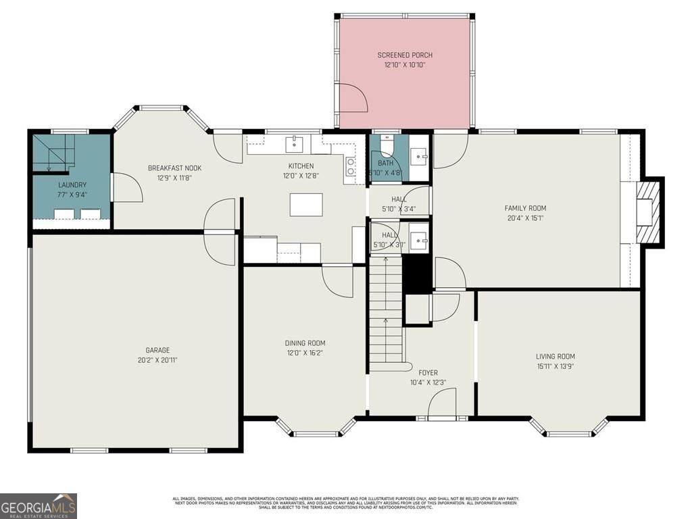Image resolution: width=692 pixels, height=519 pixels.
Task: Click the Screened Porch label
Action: click(405, 55)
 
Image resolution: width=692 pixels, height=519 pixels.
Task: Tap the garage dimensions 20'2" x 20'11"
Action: click(157, 360)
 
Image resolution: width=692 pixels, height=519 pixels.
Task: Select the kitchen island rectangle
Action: click(306, 204)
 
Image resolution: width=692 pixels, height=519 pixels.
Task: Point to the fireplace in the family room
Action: click(647, 212)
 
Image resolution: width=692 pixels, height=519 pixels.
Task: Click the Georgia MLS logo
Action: click(39, 505)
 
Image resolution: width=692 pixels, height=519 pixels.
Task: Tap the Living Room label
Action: click(555, 357)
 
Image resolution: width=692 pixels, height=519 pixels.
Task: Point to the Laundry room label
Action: click(72, 184)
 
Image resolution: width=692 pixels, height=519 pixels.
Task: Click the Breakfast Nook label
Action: click(174, 168)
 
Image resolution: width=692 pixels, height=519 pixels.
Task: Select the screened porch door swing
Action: click(353, 98)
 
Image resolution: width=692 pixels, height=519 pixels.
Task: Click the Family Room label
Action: click(525, 208)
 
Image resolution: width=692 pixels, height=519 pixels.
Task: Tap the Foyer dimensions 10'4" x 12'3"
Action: click(428, 382)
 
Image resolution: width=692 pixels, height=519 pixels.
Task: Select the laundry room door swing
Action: click(126, 187)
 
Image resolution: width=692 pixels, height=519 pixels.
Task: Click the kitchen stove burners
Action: click(351, 168)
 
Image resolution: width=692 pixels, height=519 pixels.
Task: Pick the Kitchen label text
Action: click(301, 166)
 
